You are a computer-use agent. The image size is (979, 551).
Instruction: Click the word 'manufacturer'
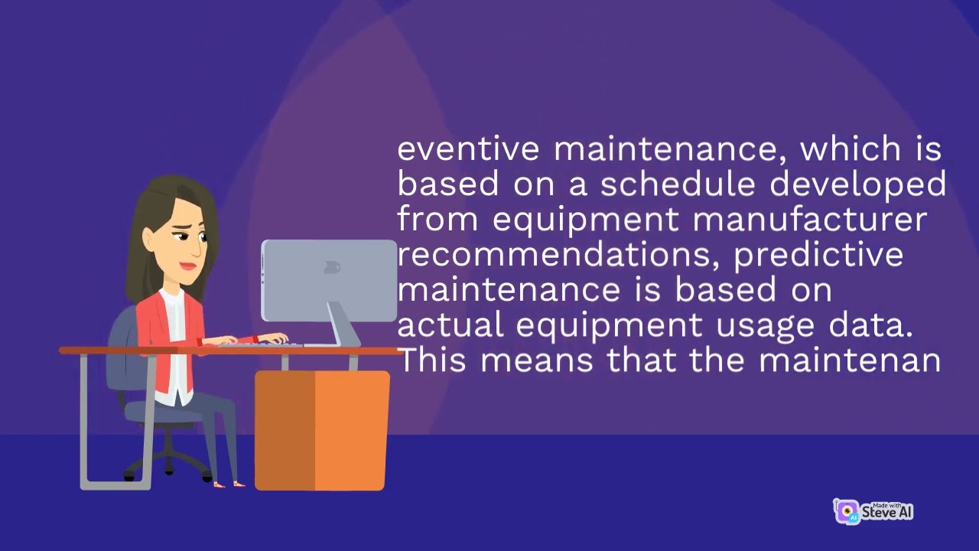click(x=809, y=220)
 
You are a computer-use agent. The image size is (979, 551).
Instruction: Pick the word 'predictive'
click(x=818, y=255)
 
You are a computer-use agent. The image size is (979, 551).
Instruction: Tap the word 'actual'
click(x=450, y=325)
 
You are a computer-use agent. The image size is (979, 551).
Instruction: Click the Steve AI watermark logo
click(x=873, y=511)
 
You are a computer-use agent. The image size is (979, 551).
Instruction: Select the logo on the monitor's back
click(x=331, y=267)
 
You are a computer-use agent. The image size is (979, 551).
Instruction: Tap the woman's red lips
click(x=187, y=266)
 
